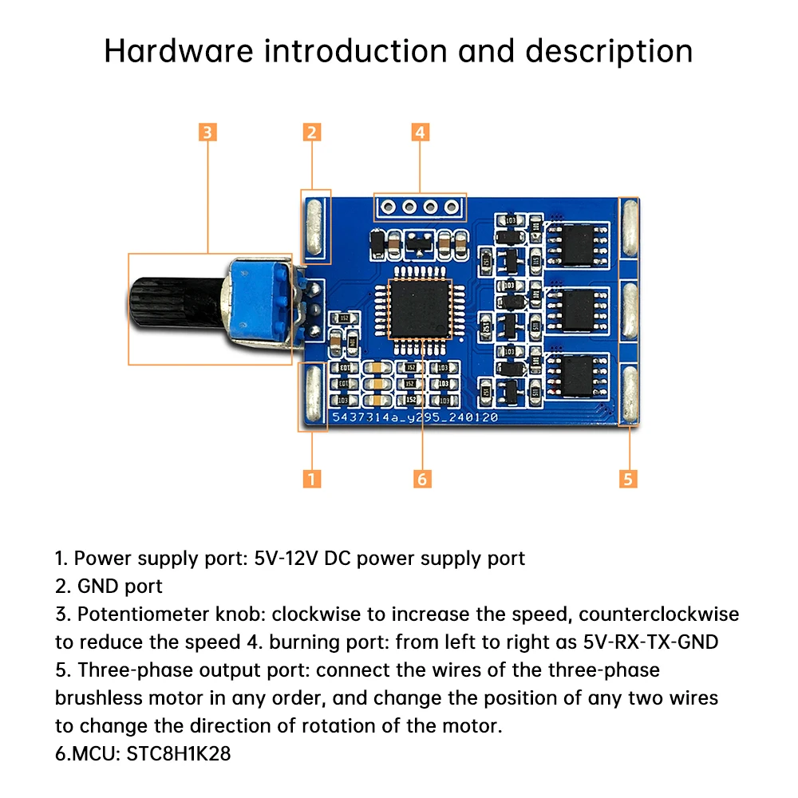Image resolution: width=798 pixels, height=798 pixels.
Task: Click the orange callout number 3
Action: coord(207,132)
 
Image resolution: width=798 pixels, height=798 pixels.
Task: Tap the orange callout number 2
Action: coord(312,132)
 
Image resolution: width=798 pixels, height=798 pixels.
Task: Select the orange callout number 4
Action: coord(421,132)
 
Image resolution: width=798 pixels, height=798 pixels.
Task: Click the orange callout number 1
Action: coord(312,478)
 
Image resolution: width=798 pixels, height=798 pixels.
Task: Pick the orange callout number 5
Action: coord(628,478)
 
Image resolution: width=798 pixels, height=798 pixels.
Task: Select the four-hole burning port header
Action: coord(420,208)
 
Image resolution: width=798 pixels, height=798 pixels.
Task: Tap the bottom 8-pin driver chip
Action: coord(580,375)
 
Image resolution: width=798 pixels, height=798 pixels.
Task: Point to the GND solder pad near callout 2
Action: coord(314,227)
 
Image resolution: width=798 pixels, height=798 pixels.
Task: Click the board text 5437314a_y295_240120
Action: coord(415,417)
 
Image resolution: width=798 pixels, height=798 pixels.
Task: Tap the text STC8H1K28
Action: coord(179,753)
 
